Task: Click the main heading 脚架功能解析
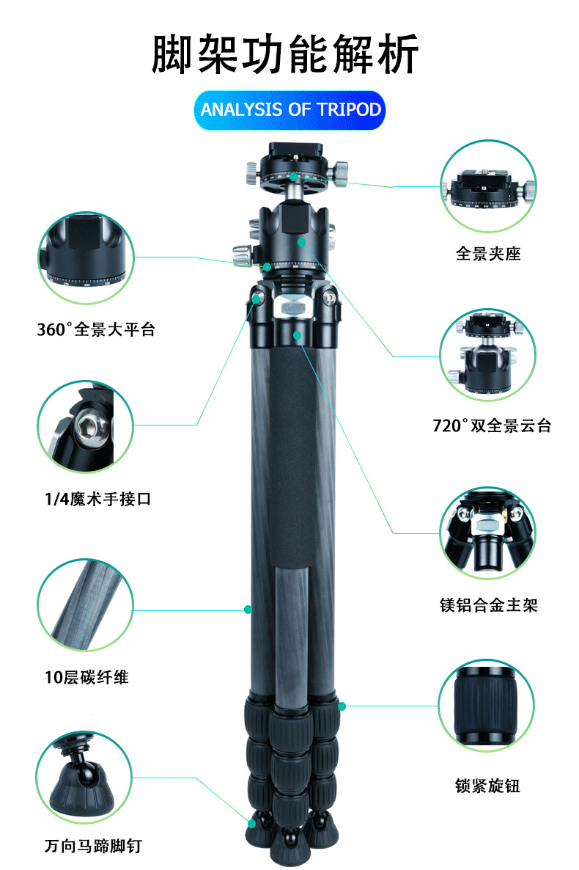[285, 54]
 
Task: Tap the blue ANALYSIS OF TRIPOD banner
[289, 110]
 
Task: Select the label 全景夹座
[488, 254]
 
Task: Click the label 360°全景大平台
[95, 329]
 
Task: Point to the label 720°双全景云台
[492, 425]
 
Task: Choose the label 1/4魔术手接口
[97, 499]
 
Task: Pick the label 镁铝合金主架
[489, 604]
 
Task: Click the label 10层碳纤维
[86, 678]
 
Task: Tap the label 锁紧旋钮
[487, 786]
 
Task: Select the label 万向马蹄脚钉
[93, 846]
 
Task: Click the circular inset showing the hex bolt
[86, 426]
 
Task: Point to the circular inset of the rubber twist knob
[487, 706]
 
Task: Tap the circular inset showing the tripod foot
[84, 778]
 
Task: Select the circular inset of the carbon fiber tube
[86, 604]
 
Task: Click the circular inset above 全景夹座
[489, 186]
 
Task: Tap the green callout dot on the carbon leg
[248, 610]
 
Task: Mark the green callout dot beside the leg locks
[342, 706]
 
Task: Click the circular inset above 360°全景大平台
[86, 258]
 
